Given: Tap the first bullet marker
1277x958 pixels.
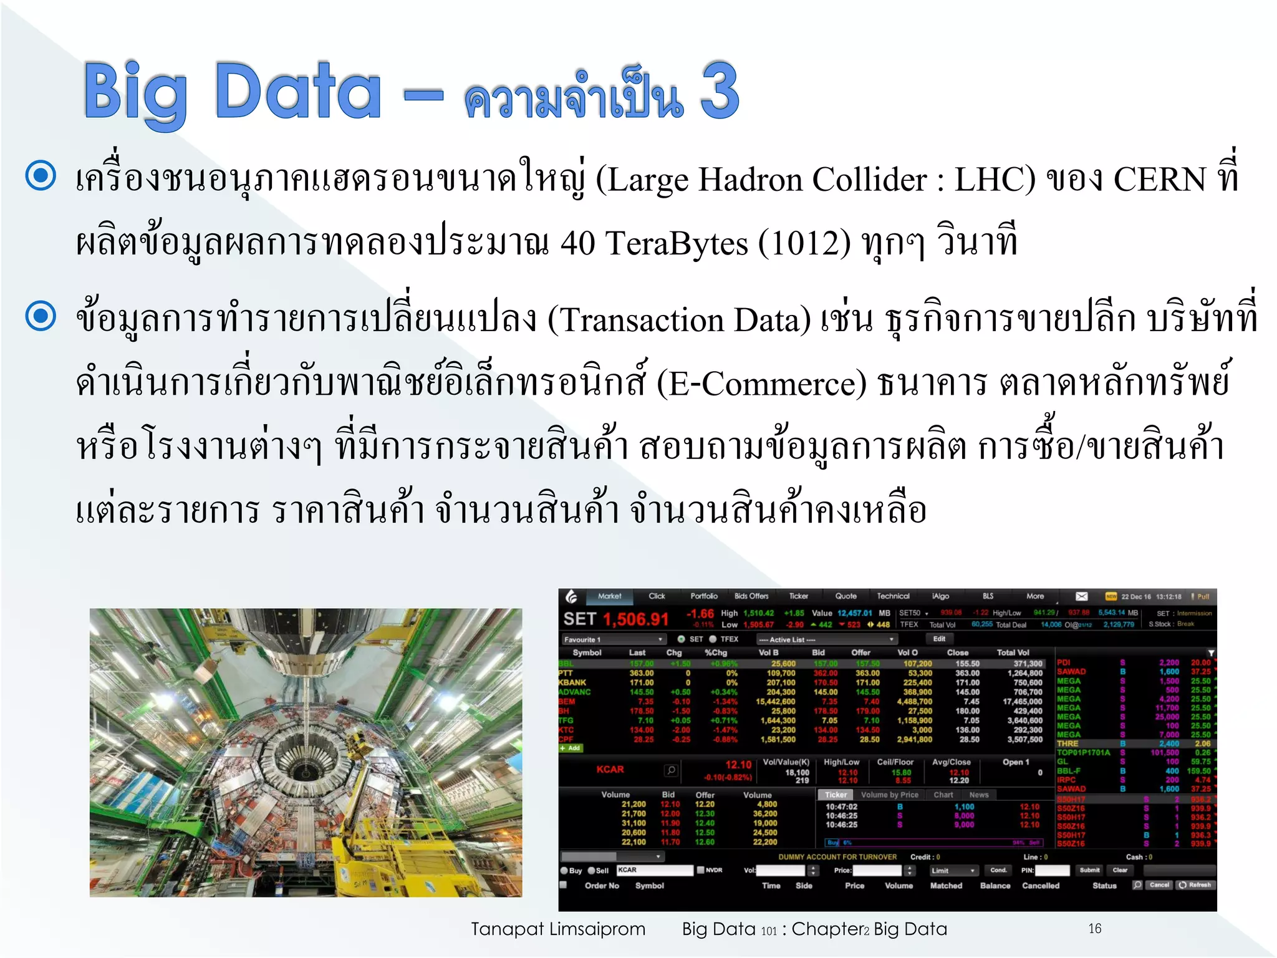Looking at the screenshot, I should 41,175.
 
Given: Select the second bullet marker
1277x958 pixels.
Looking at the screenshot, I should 41,316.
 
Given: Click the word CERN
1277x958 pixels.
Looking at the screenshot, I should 1160,180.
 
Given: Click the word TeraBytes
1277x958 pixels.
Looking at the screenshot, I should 677,243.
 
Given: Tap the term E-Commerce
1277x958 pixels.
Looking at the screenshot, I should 761,384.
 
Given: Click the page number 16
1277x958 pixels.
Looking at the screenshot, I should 1095,929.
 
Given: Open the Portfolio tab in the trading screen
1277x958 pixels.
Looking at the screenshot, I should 704,596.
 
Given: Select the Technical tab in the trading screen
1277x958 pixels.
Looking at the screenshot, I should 893,596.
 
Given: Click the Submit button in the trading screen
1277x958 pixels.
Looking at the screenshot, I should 1089,870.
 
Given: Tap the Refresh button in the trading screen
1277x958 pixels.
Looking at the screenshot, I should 1195,885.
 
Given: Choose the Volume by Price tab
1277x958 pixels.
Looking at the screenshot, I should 889,795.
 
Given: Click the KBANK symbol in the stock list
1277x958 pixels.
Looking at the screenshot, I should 572,683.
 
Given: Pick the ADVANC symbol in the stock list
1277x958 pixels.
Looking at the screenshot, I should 574,692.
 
